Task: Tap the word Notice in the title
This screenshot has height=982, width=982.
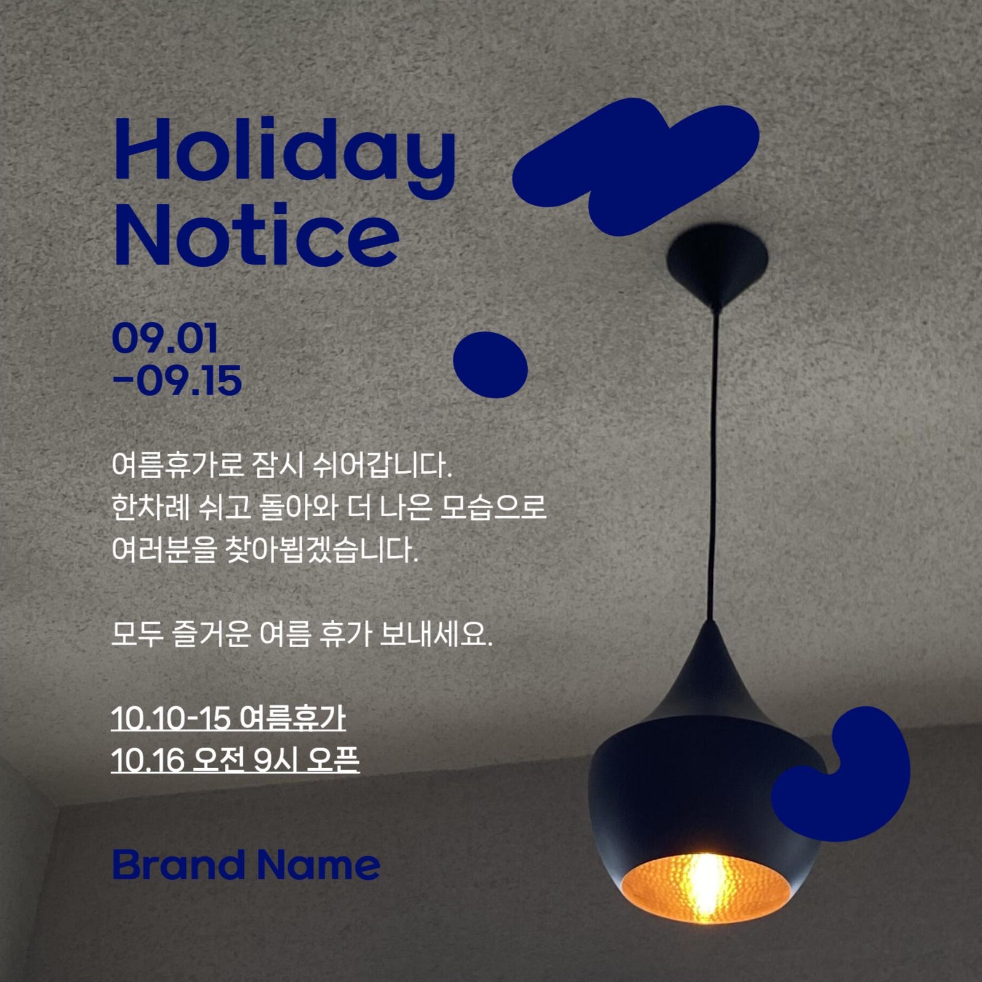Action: (x=256, y=235)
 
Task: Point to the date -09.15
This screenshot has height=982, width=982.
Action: (x=177, y=380)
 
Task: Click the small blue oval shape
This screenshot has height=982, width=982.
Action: (x=490, y=364)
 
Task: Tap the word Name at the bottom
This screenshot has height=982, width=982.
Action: (x=318, y=865)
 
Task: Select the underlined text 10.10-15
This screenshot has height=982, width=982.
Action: (x=171, y=718)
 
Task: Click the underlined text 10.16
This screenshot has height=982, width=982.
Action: (x=147, y=760)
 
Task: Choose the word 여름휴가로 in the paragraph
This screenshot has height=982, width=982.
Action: (x=178, y=465)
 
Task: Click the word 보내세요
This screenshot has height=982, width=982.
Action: (x=436, y=634)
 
